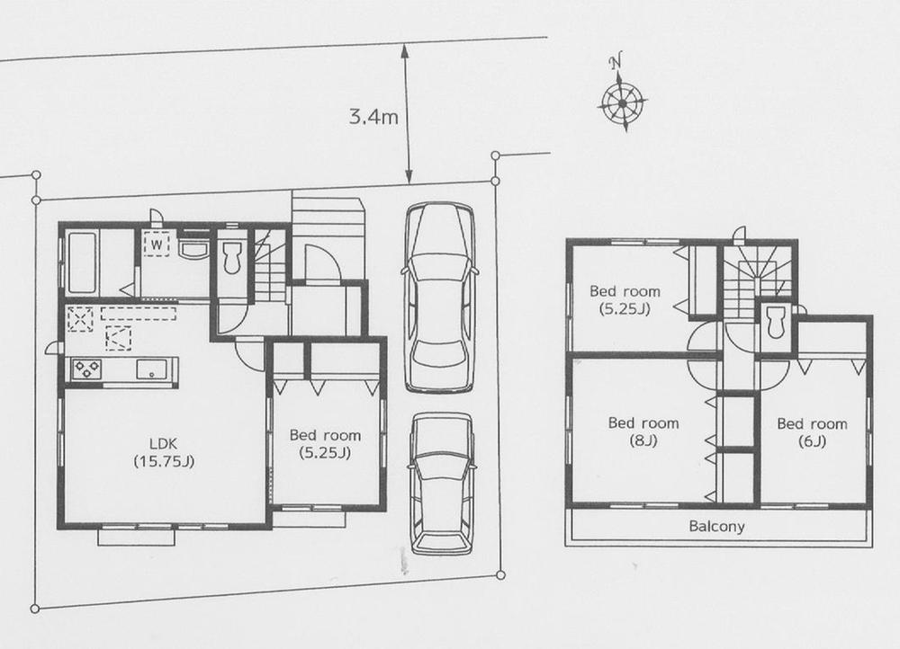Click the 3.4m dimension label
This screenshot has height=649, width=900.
pyautogui.click(x=373, y=116)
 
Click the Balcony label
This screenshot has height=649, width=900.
pyautogui.click(x=716, y=527)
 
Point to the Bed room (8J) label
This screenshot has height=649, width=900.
pyautogui.click(x=643, y=431)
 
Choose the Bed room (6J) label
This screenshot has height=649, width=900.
pyautogui.click(x=812, y=431)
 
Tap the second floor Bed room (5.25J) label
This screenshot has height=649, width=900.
pyautogui.click(x=625, y=299)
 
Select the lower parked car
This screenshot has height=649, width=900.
pyautogui.click(x=441, y=484)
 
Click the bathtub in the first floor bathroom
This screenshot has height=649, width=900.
pyautogui.click(x=82, y=262)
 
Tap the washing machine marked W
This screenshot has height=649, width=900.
pyautogui.click(x=157, y=244)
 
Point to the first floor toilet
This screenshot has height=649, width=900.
pyautogui.click(x=231, y=256)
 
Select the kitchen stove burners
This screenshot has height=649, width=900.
pyautogui.click(x=88, y=369)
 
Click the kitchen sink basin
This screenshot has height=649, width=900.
pyautogui.click(x=150, y=369)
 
